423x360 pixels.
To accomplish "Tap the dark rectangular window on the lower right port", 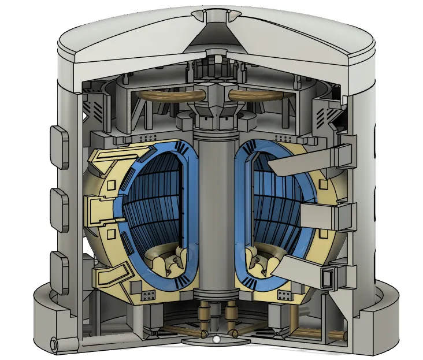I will click(x=328, y=279).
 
